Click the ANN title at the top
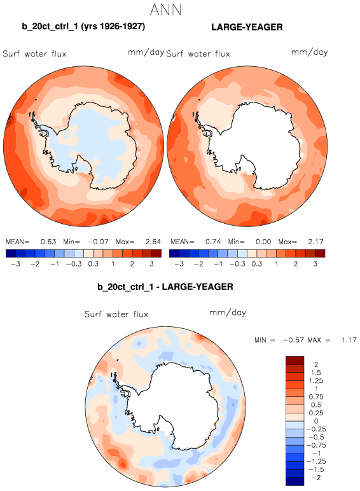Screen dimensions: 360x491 click(165, 10)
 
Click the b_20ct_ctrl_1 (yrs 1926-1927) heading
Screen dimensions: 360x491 click(83, 27)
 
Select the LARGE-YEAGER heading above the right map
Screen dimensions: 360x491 click(247, 27)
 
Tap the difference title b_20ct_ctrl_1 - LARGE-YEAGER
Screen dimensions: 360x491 click(165, 287)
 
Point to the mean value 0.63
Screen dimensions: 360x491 click(48, 242)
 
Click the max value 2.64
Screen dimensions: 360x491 click(153, 242)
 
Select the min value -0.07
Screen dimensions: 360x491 click(98, 242)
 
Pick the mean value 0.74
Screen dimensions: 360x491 click(213, 242)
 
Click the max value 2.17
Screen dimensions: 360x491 click(315, 242)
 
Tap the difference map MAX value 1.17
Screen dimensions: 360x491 click(349, 340)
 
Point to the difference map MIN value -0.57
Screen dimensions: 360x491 click(293, 340)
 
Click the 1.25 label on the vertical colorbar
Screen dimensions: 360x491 click(316, 381)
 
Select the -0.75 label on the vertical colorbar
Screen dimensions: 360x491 click(316, 445)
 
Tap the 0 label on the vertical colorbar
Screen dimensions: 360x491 click(316, 421)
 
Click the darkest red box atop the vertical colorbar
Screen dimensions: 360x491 click(294, 361)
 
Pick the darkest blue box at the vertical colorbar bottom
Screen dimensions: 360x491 click(294, 481)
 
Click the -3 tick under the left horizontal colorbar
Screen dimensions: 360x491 click(15, 264)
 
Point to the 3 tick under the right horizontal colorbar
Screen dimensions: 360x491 click(315, 264)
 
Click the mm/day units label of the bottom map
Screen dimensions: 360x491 click(228, 312)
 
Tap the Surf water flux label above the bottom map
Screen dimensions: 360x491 click(116, 314)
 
